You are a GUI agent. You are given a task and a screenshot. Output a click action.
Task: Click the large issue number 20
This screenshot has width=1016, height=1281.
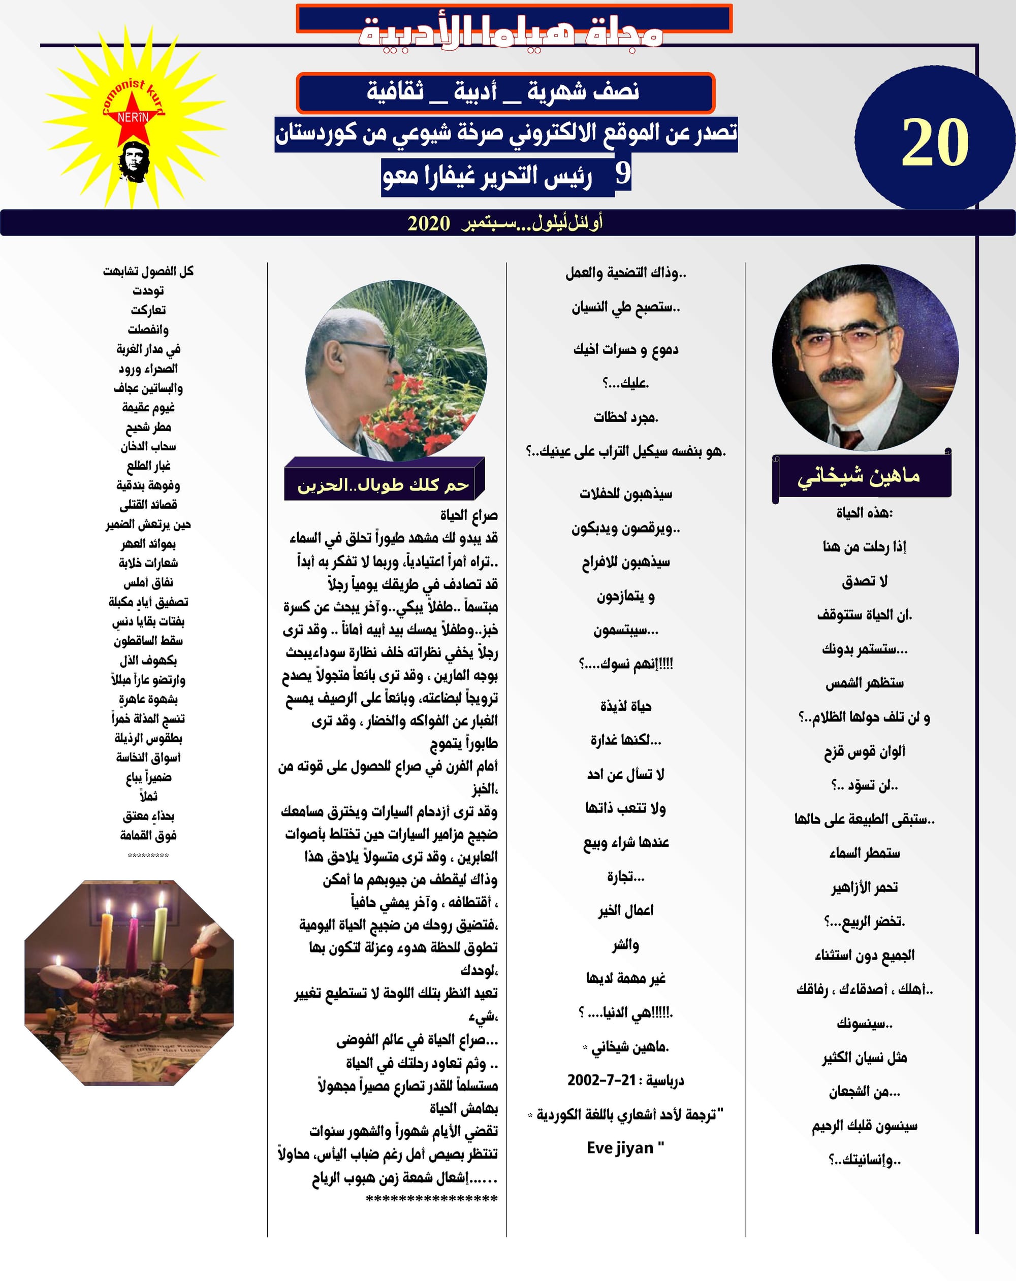point(935,143)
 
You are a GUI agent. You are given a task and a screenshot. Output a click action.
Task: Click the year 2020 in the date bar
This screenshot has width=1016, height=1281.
point(429,223)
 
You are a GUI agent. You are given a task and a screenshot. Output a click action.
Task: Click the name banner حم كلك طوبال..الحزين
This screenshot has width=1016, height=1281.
point(384,485)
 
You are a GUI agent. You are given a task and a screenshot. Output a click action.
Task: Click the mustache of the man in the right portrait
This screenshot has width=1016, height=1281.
point(842,374)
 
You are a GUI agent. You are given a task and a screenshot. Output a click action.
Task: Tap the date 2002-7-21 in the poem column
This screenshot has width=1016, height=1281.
point(601,1079)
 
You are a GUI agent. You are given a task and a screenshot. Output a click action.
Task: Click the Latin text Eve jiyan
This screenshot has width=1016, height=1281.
point(624,1147)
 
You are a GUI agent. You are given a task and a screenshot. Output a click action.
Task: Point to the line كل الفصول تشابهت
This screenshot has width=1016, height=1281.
point(148,272)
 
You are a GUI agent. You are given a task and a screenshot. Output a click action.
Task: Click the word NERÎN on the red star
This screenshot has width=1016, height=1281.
point(133,118)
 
